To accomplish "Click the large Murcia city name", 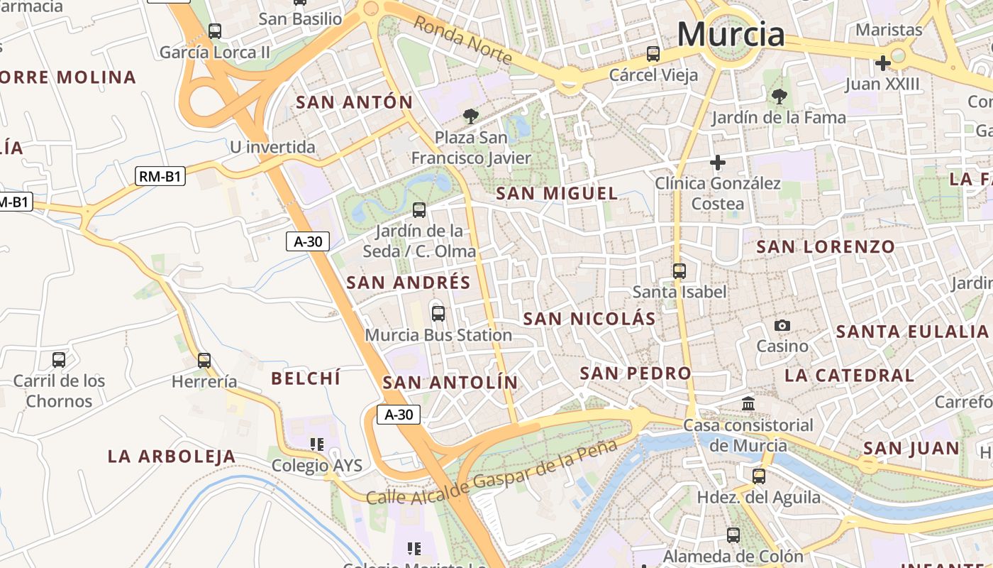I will (731, 34).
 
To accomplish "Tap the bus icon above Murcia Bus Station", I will (438, 313).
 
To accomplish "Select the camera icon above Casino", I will (782, 325).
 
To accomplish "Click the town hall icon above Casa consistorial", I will (748, 404).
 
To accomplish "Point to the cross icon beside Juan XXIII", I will (883, 63).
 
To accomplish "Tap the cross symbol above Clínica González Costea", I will (718, 163).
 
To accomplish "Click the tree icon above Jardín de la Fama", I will (779, 96).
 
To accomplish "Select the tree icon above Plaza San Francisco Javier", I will (470, 116).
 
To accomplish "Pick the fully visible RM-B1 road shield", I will (160, 177).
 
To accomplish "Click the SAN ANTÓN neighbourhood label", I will (354, 102).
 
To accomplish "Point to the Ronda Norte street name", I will (462, 40).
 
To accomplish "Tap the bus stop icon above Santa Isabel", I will (679, 271).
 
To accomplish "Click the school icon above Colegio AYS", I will (317, 444).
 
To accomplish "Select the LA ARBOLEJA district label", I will (171, 457).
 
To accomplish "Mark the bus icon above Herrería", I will (204, 361).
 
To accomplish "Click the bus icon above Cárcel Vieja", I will (653, 54).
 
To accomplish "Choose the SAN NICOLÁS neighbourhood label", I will (589, 319).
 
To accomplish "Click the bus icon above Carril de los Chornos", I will (59, 360).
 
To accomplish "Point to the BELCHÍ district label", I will (306, 378).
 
